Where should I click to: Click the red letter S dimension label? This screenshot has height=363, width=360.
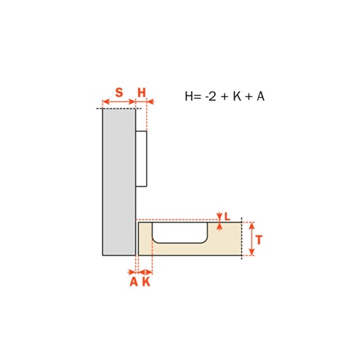(x=119, y=93)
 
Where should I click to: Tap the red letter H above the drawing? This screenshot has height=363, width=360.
(x=142, y=93)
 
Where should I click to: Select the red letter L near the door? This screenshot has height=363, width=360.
(x=227, y=217)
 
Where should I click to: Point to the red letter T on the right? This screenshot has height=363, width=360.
(x=259, y=240)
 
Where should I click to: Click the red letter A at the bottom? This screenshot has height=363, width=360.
(x=134, y=281)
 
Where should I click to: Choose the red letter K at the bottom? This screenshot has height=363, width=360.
(x=146, y=281)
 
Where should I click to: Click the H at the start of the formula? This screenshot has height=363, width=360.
(x=189, y=96)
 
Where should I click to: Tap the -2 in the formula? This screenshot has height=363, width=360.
(x=210, y=96)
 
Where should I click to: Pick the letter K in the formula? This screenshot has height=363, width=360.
(x=237, y=96)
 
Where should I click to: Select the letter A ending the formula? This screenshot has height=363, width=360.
(x=260, y=96)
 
